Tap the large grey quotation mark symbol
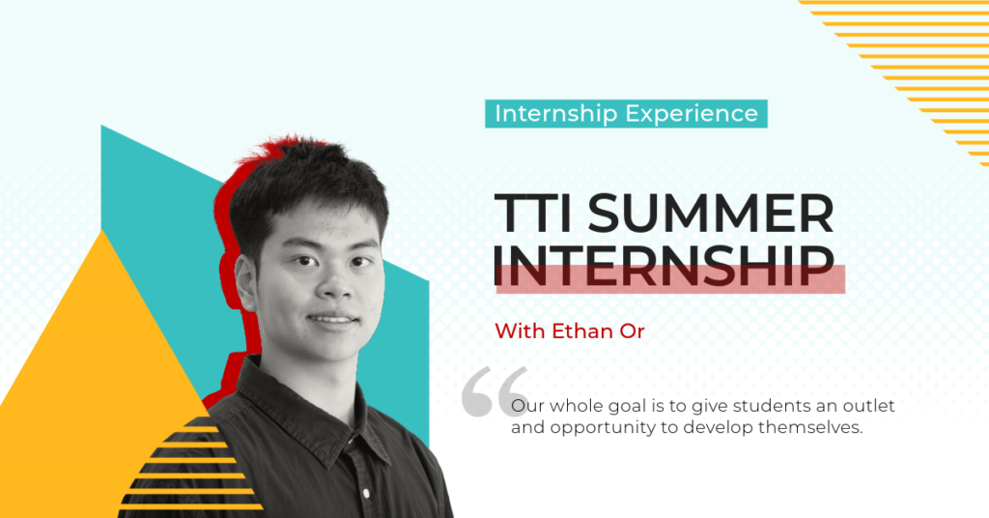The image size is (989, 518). [494, 391]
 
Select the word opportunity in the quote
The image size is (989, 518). [598, 427]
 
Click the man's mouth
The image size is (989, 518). [331, 318]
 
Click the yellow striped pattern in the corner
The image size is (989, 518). [918, 58]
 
